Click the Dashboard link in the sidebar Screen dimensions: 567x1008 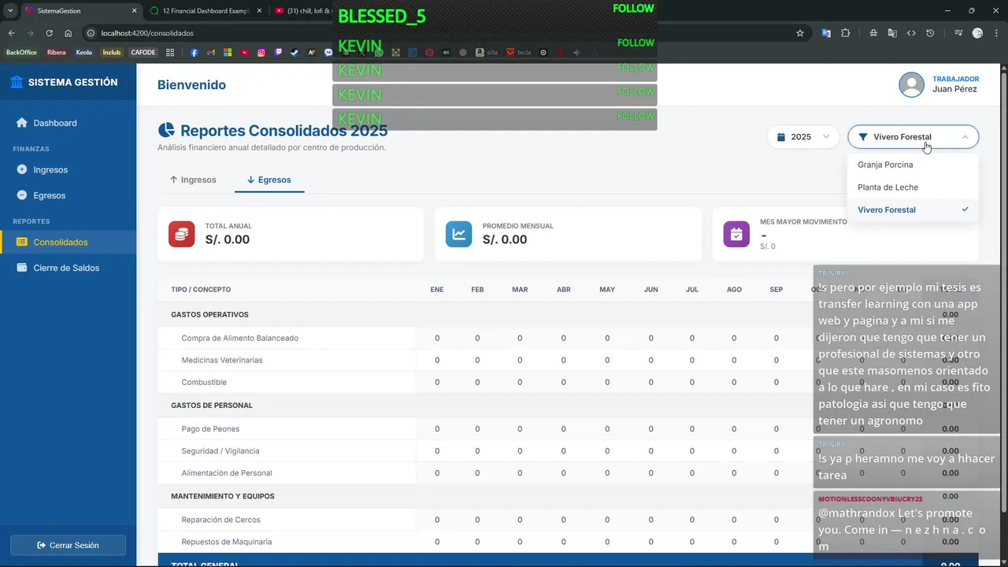pyautogui.click(x=54, y=123)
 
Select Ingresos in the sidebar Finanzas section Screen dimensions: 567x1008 pyautogui.click(x=50, y=169)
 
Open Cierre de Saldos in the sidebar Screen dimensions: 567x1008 pyautogui.click(x=66, y=268)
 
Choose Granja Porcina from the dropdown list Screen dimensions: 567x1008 pyautogui.click(x=885, y=165)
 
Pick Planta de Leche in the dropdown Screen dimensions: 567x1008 pyautogui.click(x=888, y=187)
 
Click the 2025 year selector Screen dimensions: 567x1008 pyautogui.click(x=802, y=137)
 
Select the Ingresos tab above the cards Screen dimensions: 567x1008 pyautogui.click(x=193, y=180)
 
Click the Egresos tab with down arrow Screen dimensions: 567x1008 pyautogui.click(x=269, y=180)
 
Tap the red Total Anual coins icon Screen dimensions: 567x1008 pyautogui.click(x=182, y=234)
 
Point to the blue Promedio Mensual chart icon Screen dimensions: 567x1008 pyautogui.click(x=459, y=234)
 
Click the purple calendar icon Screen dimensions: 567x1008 pyautogui.click(x=736, y=234)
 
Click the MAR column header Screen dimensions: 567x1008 pyautogui.click(x=520, y=290)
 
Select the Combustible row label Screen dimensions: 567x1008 pyautogui.click(x=204, y=382)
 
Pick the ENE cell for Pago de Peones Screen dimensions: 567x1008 pyautogui.click(x=437, y=429)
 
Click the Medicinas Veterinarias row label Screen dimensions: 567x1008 pyautogui.click(x=222, y=360)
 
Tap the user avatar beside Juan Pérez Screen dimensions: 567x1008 pyautogui.click(x=912, y=85)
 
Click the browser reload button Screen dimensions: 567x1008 pyautogui.click(x=49, y=33)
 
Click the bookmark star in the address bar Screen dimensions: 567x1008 pyautogui.click(x=800, y=33)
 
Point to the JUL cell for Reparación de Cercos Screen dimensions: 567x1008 pyautogui.click(x=692, y=520)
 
